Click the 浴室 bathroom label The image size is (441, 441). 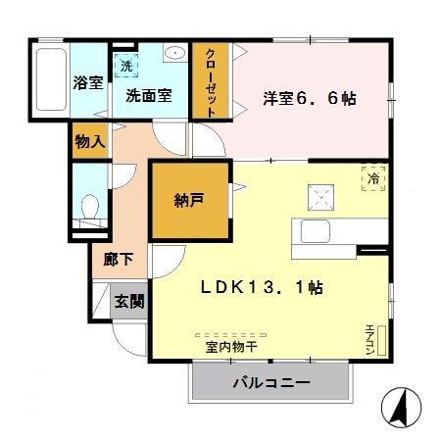coord(89,83)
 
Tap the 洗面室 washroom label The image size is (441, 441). coord(148,95)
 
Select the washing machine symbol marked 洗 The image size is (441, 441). coord(125,66)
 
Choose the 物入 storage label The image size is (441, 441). coord(90,141)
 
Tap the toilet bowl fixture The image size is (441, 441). coord(89,208)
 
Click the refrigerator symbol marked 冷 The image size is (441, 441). coord(373,177)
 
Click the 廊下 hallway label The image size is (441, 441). coord(118,261)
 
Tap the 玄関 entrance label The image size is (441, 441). coord(128,300)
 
